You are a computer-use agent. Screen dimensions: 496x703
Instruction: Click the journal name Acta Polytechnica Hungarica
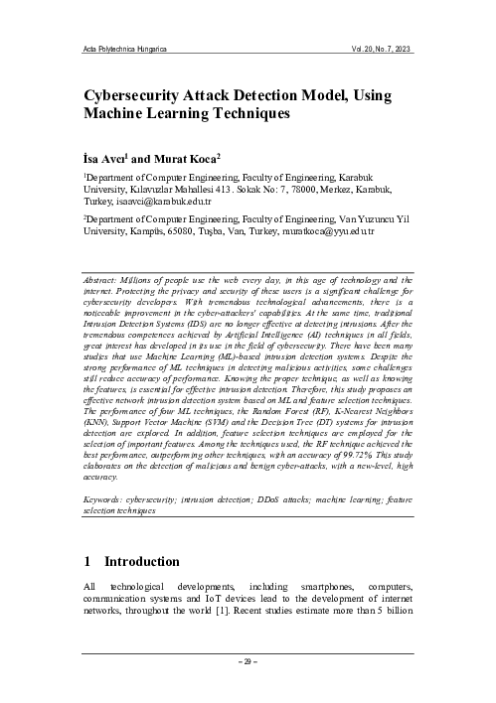point(124,48)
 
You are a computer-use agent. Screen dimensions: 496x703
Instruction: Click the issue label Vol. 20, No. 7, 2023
point(372,48)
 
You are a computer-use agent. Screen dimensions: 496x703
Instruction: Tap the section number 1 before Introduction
point(87,562)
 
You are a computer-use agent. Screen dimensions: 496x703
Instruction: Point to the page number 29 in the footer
point(248,661)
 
